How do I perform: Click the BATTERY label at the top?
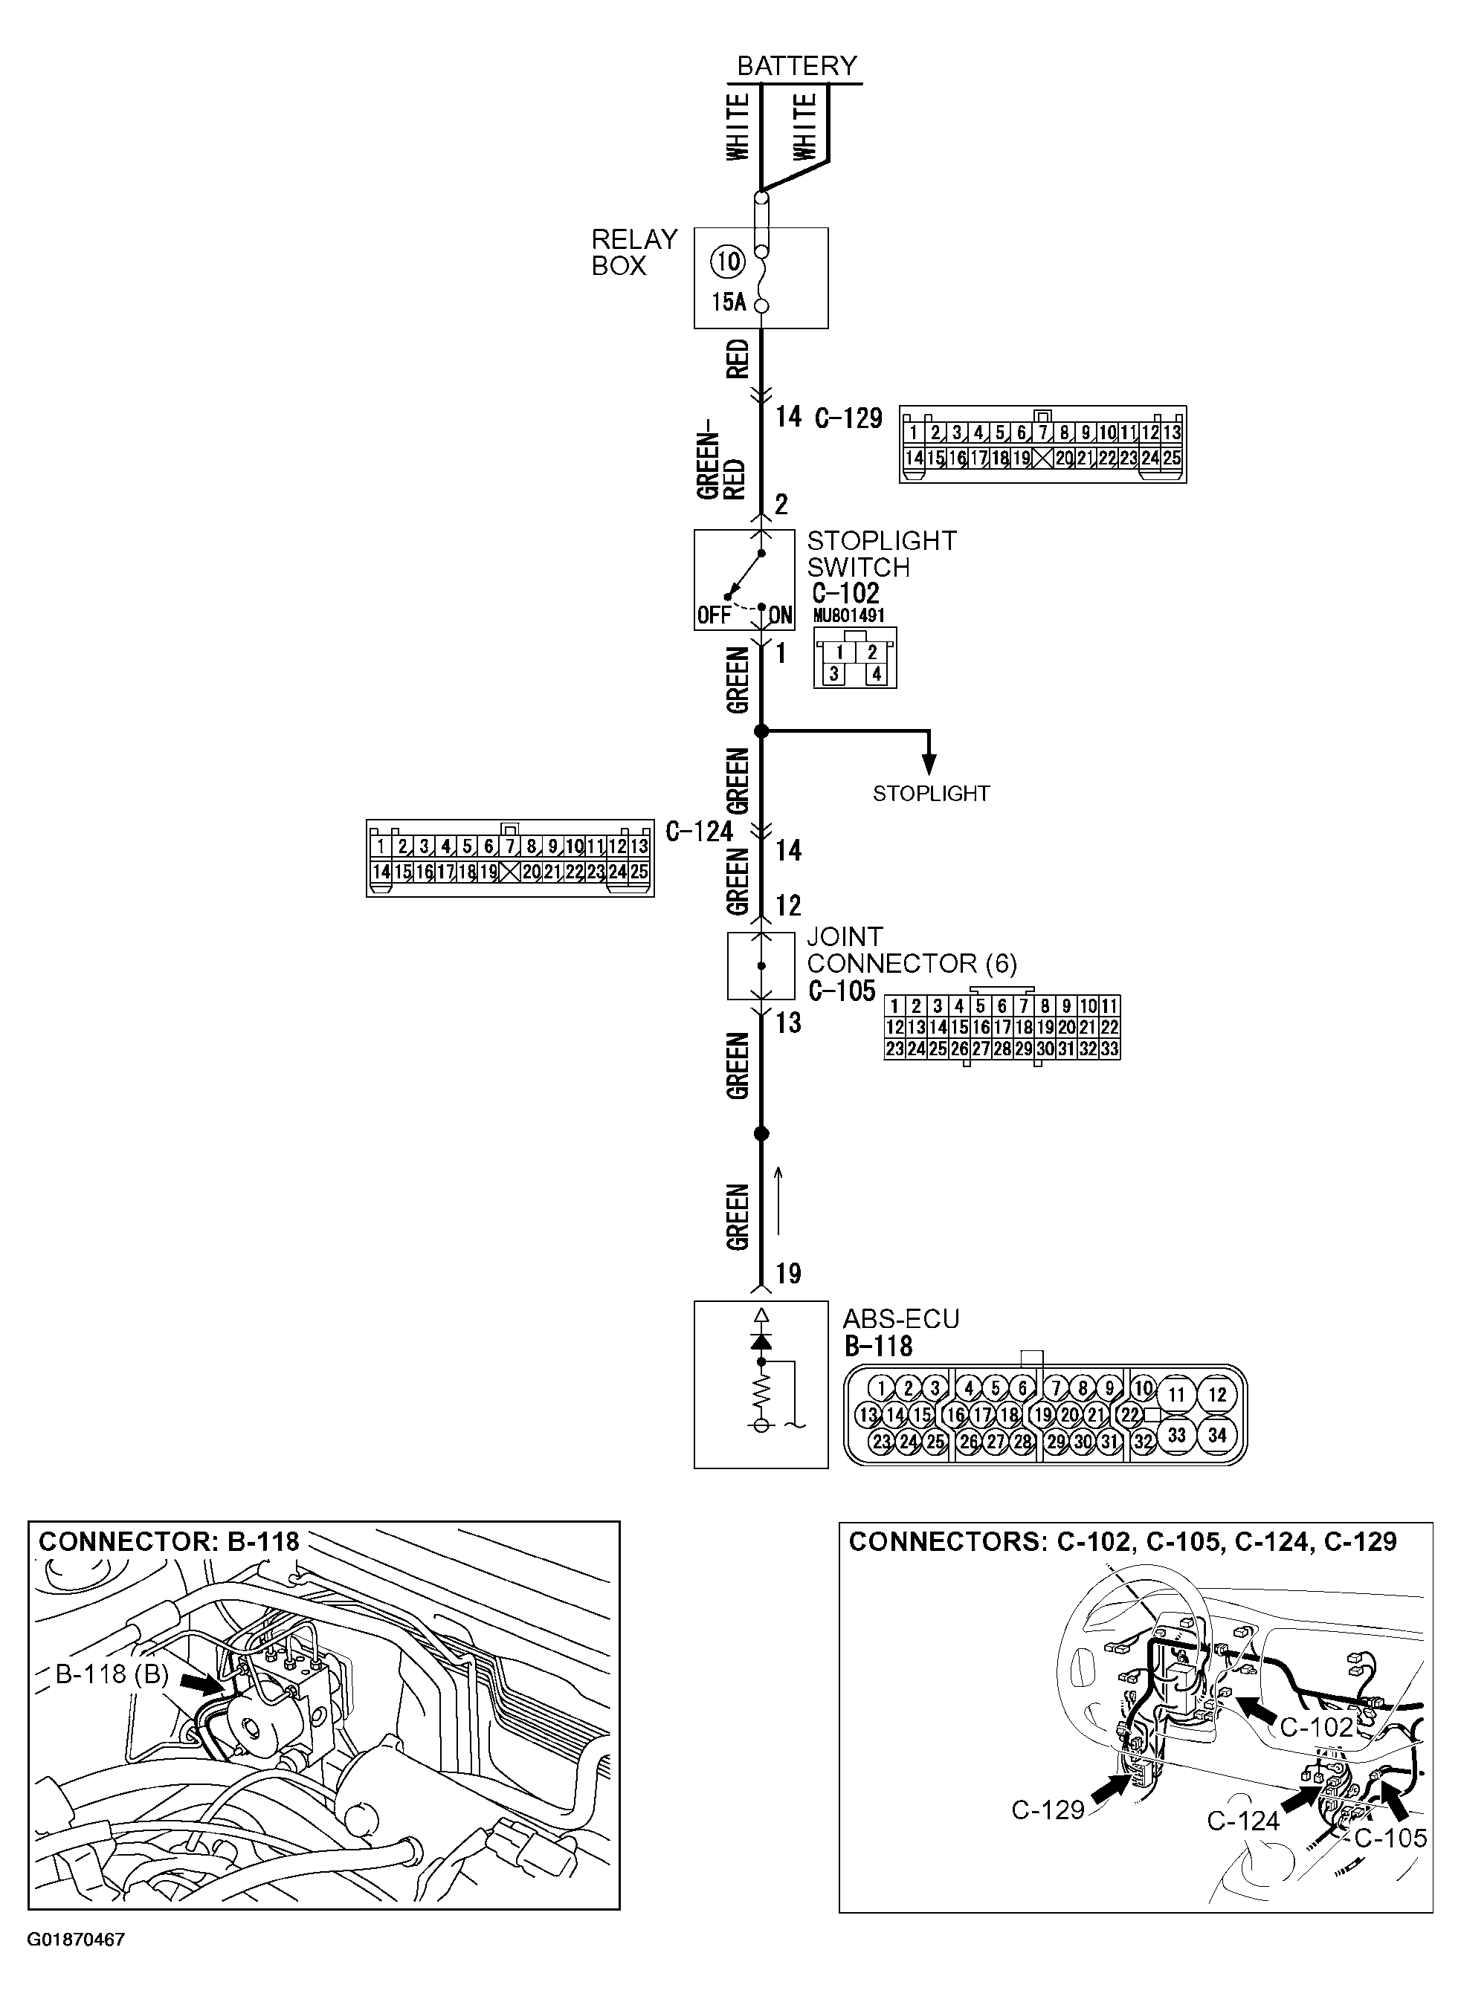[797, 66]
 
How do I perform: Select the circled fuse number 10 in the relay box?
[729, 262]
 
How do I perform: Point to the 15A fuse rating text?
[729, 303]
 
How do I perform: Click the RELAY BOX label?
[633, 253]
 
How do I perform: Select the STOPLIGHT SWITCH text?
[881, 554]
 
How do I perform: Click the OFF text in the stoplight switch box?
[714, 615]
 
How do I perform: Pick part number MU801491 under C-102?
[848, 615]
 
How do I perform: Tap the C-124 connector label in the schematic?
[699, 832]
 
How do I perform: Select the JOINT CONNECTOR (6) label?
[911, 950]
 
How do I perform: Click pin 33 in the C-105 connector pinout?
[1110, 1049]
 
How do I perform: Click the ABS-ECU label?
[900, 1319]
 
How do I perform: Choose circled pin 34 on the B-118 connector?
[1217, 1436]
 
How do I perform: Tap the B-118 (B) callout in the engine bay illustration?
[112, 1674]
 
